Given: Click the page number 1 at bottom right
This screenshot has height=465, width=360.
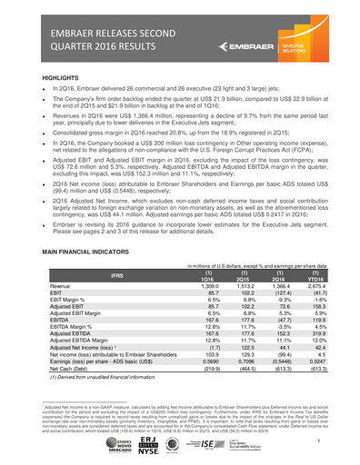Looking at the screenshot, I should tap(321, 440).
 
